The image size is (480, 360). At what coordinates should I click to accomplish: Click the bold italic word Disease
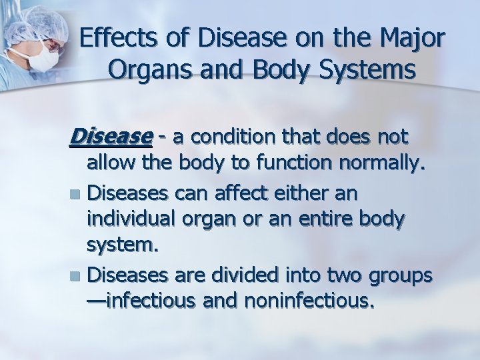click(x=110, y=137)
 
